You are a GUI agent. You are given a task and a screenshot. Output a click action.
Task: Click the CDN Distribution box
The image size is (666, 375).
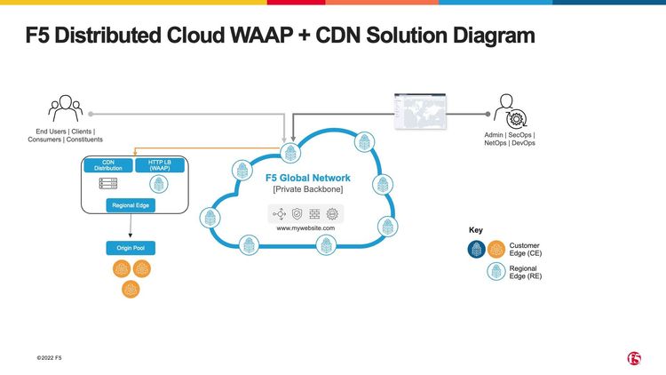click(x=107, y=164)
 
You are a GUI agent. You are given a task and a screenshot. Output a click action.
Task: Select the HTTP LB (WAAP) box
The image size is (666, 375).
click(x=159, y=164)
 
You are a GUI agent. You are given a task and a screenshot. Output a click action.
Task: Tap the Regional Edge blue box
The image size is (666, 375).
click(x=131, y=205)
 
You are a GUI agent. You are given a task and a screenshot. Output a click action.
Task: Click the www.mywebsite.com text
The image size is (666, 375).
click(x=305, y=228)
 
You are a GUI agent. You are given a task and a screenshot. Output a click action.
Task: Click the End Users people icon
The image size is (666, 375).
click(x=66, y=110)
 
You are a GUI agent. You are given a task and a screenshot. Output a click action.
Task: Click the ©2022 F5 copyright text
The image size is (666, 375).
click(x=49, y=358)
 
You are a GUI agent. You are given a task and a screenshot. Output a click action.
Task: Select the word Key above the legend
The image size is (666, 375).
click(x=476, y=230)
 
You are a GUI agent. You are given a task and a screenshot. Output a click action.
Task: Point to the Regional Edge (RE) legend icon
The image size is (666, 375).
click(x=496, y=272)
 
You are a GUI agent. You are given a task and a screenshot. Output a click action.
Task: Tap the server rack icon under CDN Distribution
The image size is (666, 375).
click(x=107, y=183)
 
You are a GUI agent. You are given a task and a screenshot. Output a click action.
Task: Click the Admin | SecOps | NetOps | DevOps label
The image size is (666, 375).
click(x=510, y=139)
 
